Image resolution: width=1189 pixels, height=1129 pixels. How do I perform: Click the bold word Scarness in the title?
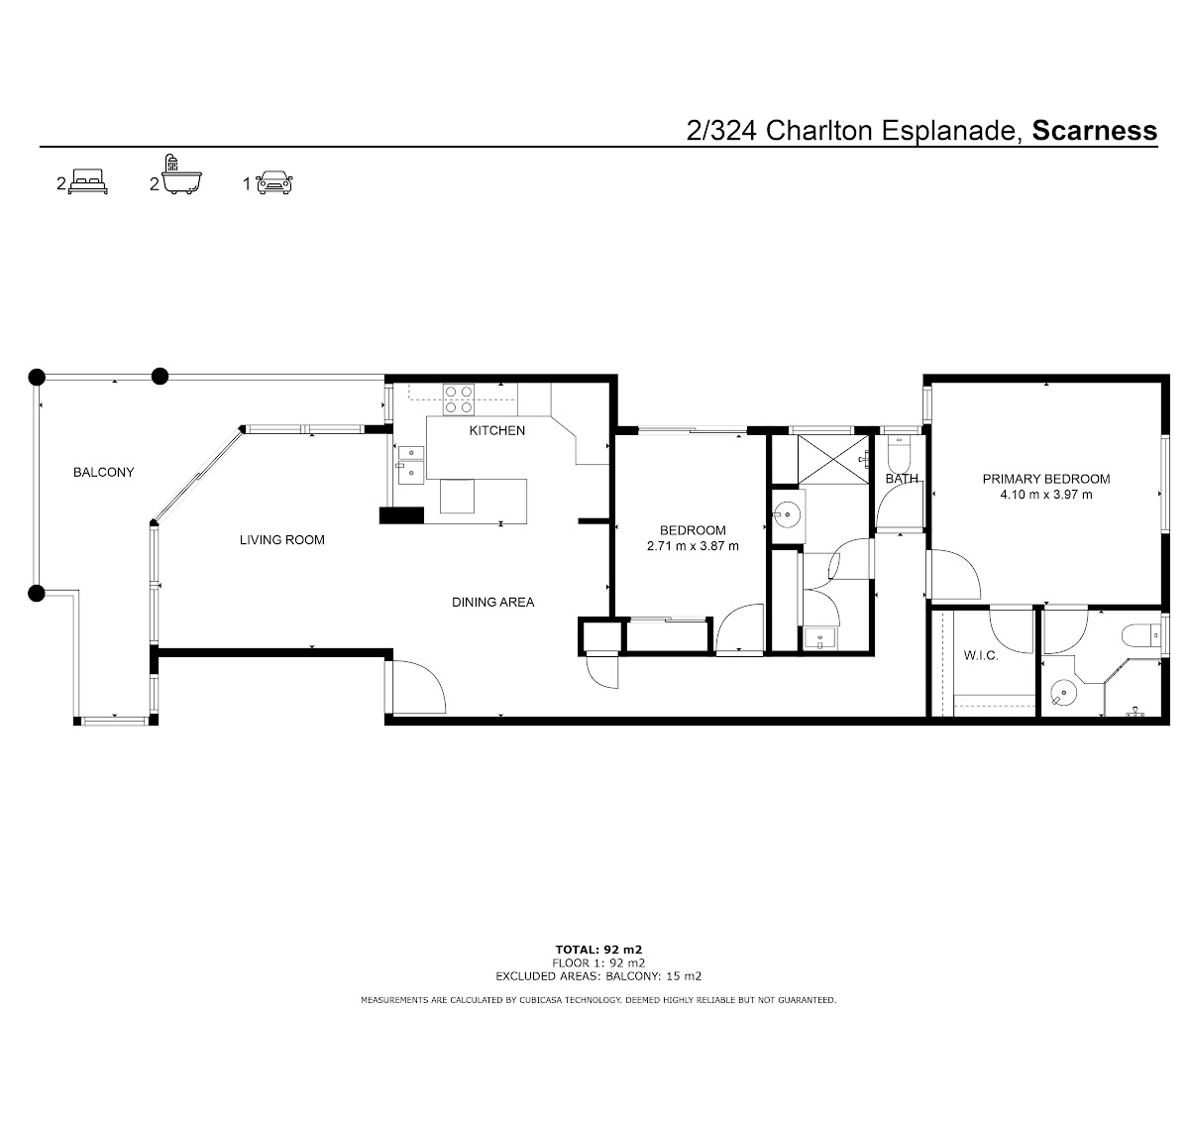coord(1094,131)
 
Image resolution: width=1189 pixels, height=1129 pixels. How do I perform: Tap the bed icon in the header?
coord(88,181)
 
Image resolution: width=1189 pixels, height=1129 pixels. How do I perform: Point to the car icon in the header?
coord(274,181)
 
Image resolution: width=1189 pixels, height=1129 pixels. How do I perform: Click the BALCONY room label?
coord(103,472)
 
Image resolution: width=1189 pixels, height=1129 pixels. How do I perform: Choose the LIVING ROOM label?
coord(281,539)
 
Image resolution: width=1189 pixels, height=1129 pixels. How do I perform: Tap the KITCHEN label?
coord(497,430)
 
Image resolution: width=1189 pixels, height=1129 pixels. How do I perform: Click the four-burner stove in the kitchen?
coord(459,399)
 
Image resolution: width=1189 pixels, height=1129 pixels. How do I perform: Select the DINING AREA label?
coord(492,602)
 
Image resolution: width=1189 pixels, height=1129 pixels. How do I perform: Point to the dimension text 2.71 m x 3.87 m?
coord(693,546)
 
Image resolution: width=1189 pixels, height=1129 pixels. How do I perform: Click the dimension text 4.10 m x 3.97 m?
coord(1046,495)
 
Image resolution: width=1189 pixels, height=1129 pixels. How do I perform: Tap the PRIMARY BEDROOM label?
coord(1046,479)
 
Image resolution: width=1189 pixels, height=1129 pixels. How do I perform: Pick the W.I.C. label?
coord(981,655)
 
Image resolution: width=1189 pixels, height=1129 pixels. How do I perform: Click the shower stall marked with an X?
coord(833,460)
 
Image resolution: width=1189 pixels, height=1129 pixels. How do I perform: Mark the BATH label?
coord(902,479)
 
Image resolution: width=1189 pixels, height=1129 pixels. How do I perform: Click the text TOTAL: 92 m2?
coord(598,950)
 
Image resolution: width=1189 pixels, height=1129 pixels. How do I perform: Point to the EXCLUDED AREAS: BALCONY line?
coord(598,976)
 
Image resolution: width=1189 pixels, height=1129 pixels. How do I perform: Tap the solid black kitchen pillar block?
coord(401,514)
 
